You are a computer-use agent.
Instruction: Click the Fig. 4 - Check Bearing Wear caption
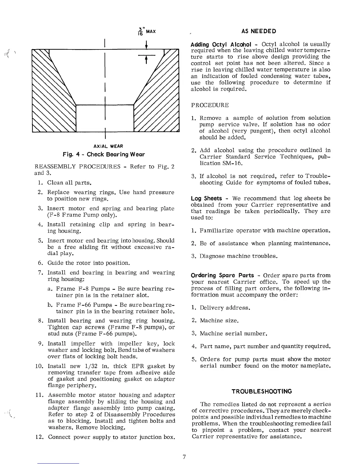104,154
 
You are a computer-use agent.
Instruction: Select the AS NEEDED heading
259,31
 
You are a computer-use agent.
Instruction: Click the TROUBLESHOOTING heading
261,392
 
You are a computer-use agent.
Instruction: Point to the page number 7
184,457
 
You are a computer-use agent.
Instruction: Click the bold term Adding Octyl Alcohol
221,44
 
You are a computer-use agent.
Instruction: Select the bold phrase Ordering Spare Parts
222,275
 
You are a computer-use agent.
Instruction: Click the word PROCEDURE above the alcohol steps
210,105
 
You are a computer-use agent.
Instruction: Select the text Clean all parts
68,183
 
